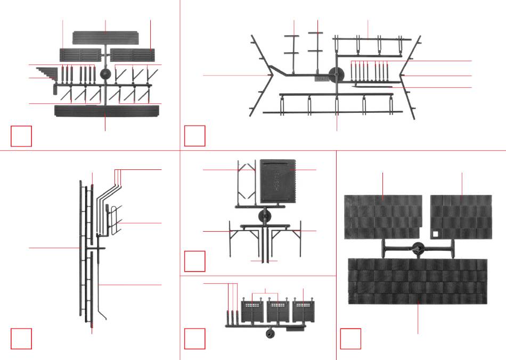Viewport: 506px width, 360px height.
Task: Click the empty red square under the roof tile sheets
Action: pos(350,339)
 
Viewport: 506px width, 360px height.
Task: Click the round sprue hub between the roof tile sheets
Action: pos(418,248)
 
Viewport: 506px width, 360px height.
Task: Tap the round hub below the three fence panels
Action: pos(270,334)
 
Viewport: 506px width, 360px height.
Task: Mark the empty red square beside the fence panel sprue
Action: pos(194,339)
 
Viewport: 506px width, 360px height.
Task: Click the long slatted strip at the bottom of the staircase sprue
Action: pos(107,111)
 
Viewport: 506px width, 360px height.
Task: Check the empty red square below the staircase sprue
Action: pos(21,136)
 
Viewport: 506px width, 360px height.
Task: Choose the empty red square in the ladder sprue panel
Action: pos(21,339)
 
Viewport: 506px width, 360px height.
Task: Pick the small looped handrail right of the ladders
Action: pos(113,219)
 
